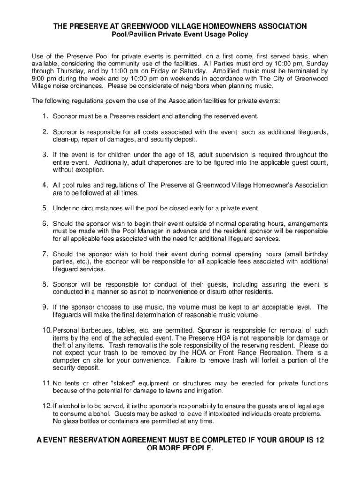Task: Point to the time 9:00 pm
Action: (x=42, y=79)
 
